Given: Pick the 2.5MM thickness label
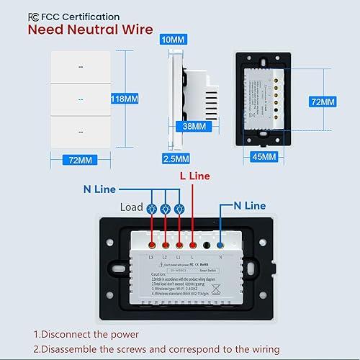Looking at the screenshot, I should tap(176, 158).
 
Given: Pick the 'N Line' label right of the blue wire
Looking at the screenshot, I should tap(249, 205).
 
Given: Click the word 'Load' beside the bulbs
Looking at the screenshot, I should tap(132, 208).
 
